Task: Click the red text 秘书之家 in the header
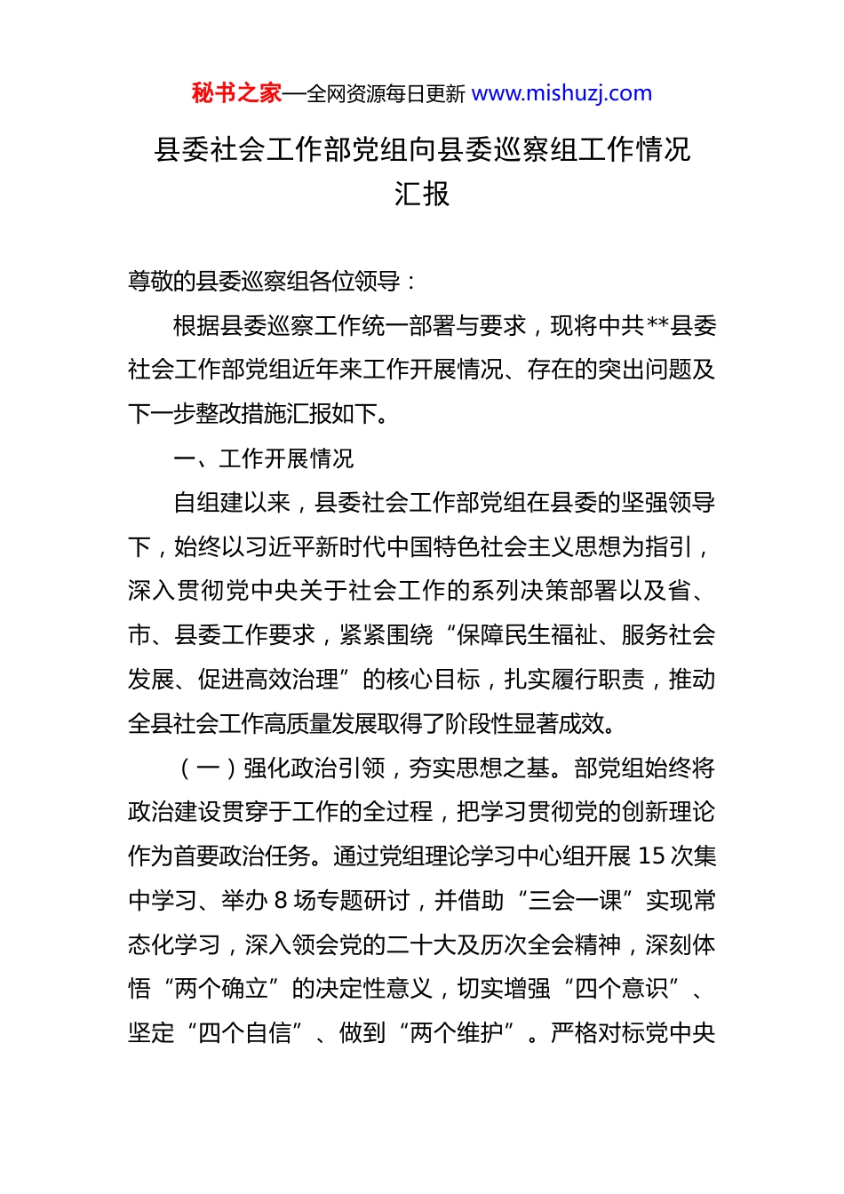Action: point(236,93)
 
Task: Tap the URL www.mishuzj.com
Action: point(561,93)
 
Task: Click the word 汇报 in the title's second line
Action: point(422,194)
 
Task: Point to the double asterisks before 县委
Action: point(657,326)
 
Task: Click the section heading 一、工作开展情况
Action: point(263,458)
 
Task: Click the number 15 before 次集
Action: point(651,856)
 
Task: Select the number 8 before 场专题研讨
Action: point(281,901)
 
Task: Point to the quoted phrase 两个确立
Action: point(222,989)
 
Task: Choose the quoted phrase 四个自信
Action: point(245,1033)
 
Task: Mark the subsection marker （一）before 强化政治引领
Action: point(208,768)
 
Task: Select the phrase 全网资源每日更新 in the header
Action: point(386,94)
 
